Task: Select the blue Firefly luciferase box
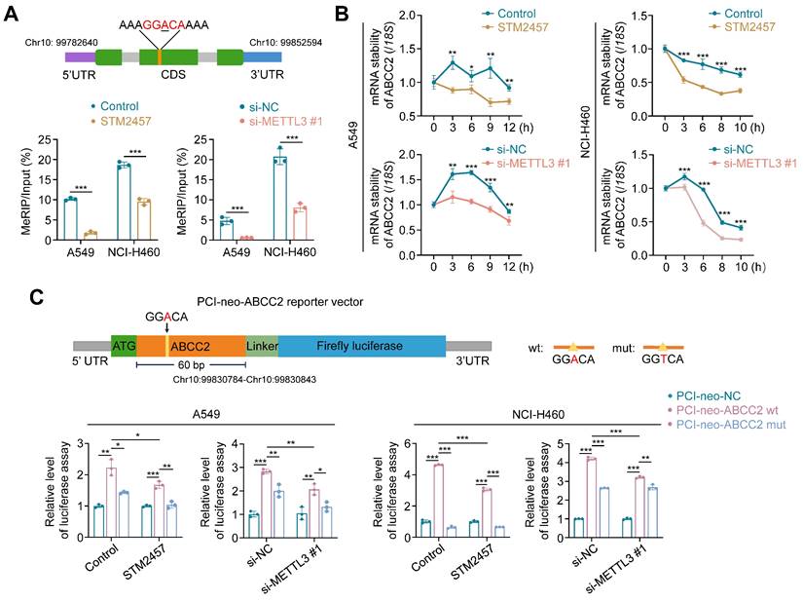coord(361,346)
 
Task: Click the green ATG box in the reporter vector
coord(124,346)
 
